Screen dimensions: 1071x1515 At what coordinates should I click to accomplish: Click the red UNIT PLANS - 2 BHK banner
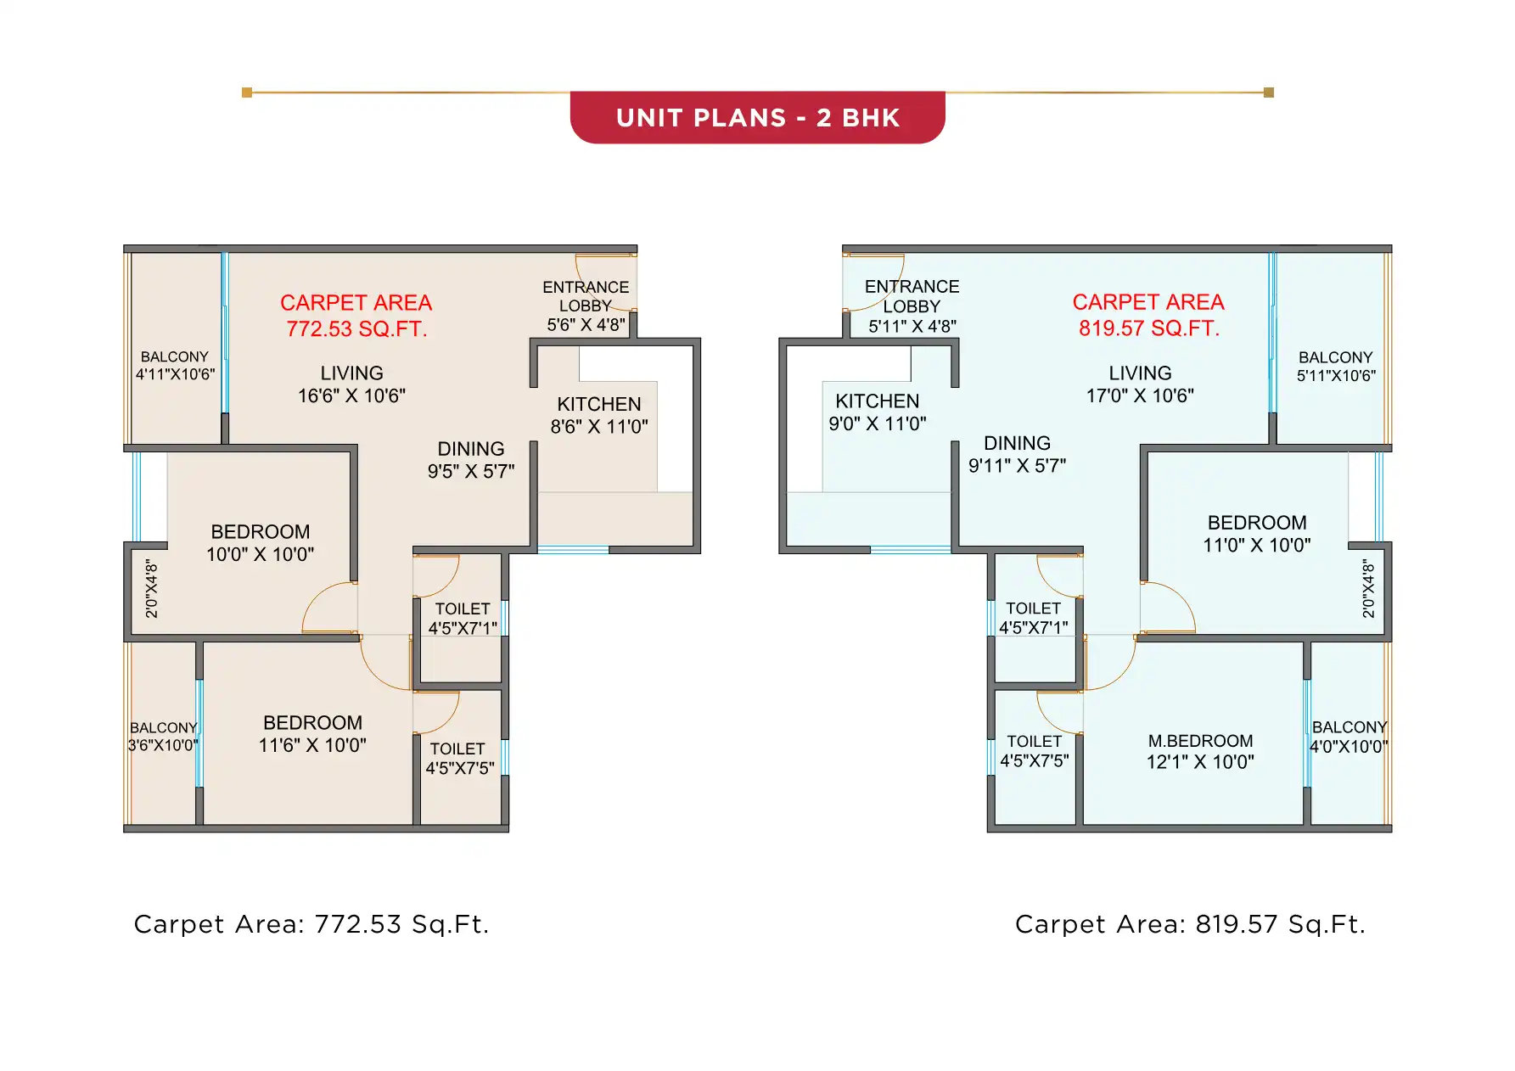(757, 117)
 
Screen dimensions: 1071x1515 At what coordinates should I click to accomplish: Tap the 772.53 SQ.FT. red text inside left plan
(356, 329)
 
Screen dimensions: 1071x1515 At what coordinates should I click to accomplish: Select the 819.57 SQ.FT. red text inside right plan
(1148, 328)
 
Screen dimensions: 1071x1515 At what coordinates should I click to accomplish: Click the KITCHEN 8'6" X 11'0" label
(599, 415)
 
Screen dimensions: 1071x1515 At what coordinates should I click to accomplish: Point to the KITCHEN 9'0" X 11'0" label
(877, 412)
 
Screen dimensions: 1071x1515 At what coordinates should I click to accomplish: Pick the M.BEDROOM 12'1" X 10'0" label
(1199, 751)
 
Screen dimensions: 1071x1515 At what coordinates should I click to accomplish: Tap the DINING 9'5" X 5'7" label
(471, 460)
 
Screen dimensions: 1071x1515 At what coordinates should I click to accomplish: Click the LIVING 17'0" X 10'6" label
(1140, 384)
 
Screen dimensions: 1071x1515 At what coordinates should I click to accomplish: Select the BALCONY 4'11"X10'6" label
(175, 366)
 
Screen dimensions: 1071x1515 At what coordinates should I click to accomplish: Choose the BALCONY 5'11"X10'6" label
(1335, 367)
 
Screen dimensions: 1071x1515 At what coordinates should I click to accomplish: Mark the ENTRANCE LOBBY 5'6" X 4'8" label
(586, 306)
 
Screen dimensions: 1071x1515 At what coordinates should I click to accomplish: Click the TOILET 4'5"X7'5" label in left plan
(458, 759)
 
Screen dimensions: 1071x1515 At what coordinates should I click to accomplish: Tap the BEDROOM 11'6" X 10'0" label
(312, 733)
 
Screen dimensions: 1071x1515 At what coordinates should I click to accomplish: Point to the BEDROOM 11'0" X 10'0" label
(1256, 534)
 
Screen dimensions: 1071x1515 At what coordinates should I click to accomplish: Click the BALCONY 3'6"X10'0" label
(163, 737)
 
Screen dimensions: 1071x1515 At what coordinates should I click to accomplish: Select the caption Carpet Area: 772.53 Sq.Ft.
(311, 924)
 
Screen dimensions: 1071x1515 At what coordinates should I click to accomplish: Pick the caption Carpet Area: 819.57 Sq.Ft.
(1190, 924)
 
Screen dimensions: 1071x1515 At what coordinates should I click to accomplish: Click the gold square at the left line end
(247, 93)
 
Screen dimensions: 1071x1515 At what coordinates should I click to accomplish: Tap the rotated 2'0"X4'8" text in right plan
(1367, 588)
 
